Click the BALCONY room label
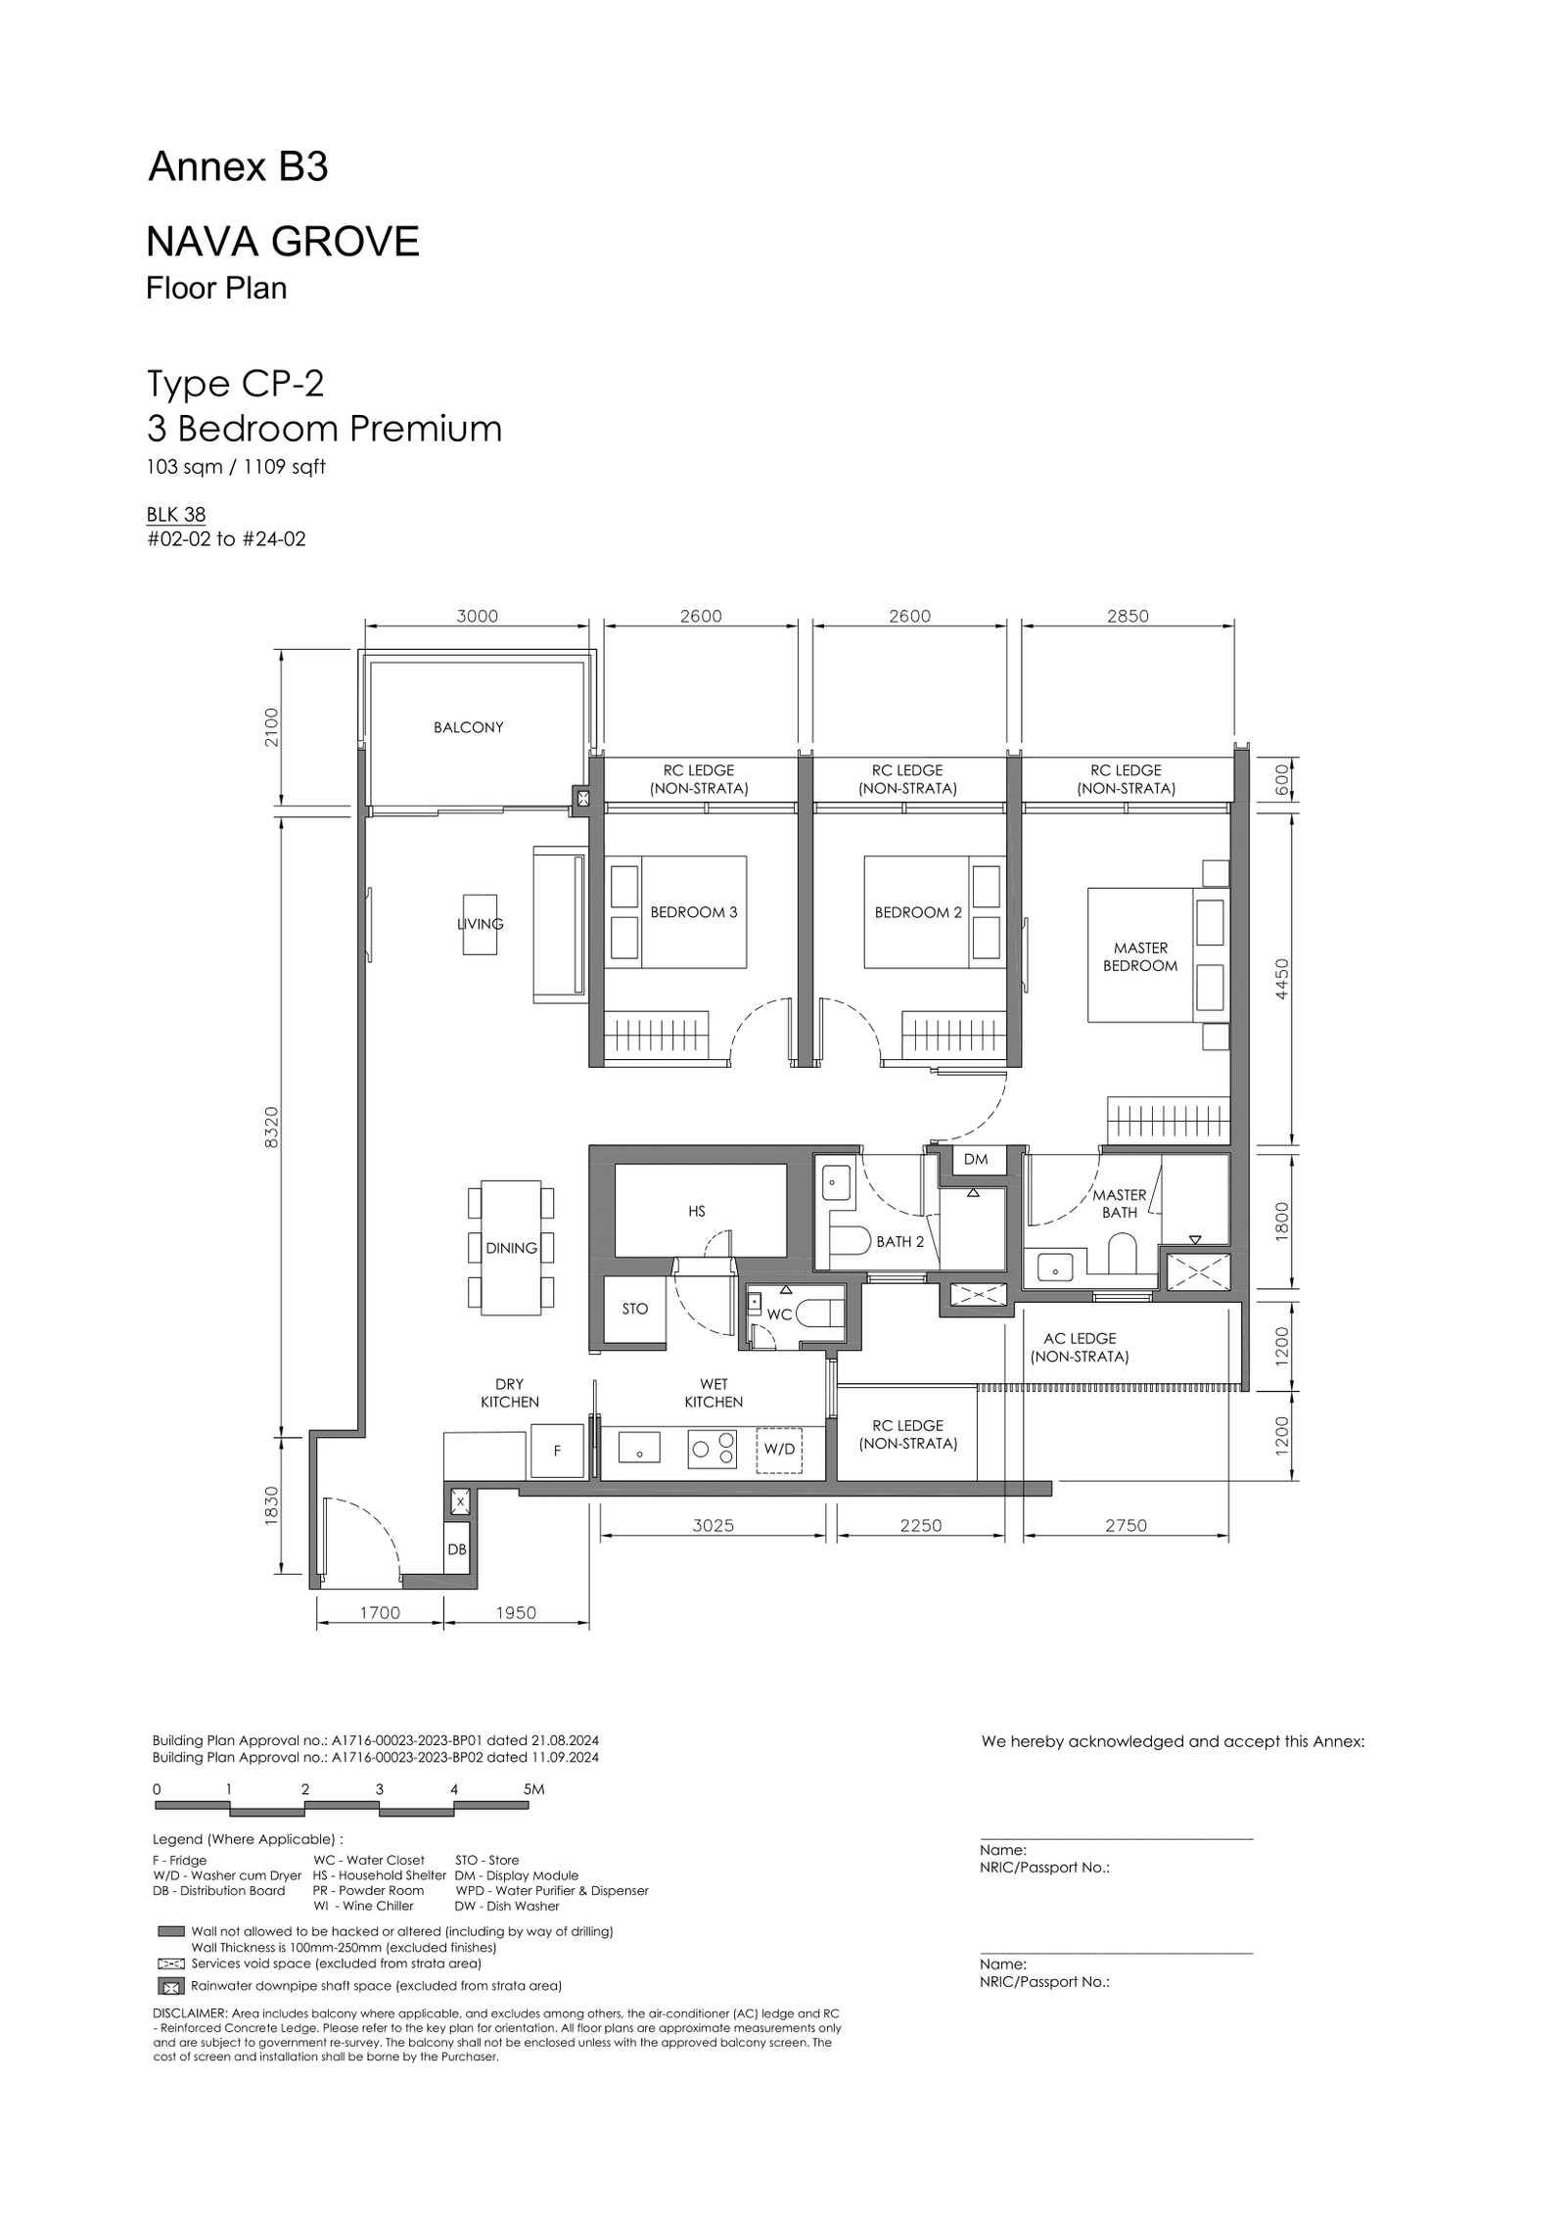coord(468,727)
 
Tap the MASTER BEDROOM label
coord(1140,956)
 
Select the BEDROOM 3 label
coord(694,912)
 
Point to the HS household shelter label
coord(696,1211)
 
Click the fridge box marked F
coord(557,1452)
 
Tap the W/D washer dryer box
coord(779,1449)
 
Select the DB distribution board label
coord(457,1549)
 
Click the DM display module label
coord(976,1159)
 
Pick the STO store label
coord(635,1309)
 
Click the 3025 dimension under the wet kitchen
coord(713,1525)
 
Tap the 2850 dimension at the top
coord(1128,616)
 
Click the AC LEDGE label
coord(1080,1338)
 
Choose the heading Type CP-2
coord(235,383)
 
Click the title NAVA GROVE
coord(283,241)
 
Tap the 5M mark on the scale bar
coord(533,1789)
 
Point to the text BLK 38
coord(176,515)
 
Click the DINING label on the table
coord(511,1248)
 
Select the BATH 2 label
coord(900,1241)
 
